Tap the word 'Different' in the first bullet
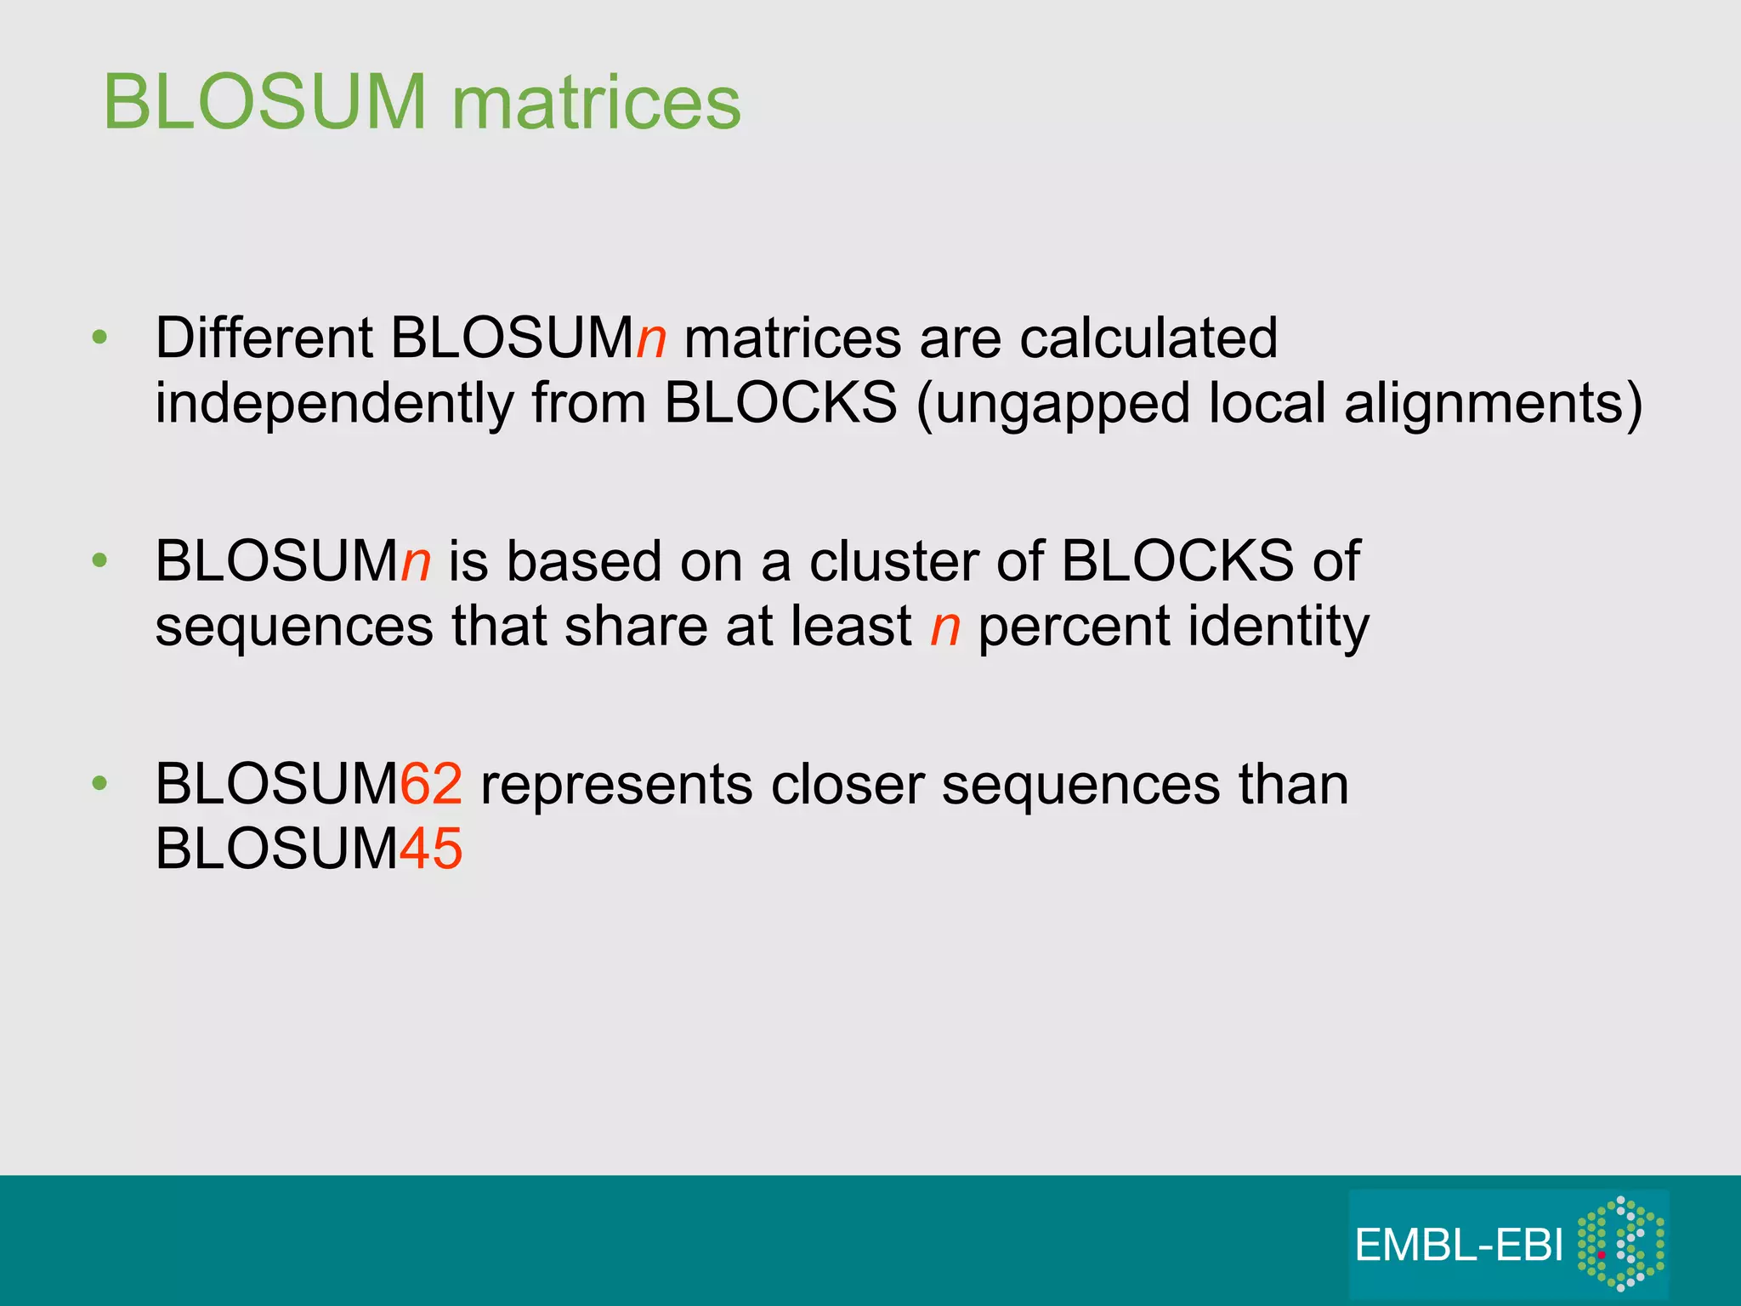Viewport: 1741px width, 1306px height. tap(264, 338)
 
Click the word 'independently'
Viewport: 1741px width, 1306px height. tap(334, 403)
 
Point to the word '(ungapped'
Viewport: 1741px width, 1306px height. tap(1052, 403)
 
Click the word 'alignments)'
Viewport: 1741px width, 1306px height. tap(1493, 403)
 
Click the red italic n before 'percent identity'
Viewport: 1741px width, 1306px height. tap(944, 627)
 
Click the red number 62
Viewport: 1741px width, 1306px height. tap(431, 784)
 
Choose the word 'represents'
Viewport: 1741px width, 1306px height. tap(616, 784)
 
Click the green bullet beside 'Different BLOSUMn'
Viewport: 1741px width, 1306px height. tap(100, 338)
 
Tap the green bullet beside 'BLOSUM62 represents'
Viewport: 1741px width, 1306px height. tap(100, 783)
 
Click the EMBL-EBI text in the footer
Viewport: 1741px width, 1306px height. tap(1458, 1246)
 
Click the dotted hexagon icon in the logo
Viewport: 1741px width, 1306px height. tap(1620, 1243)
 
